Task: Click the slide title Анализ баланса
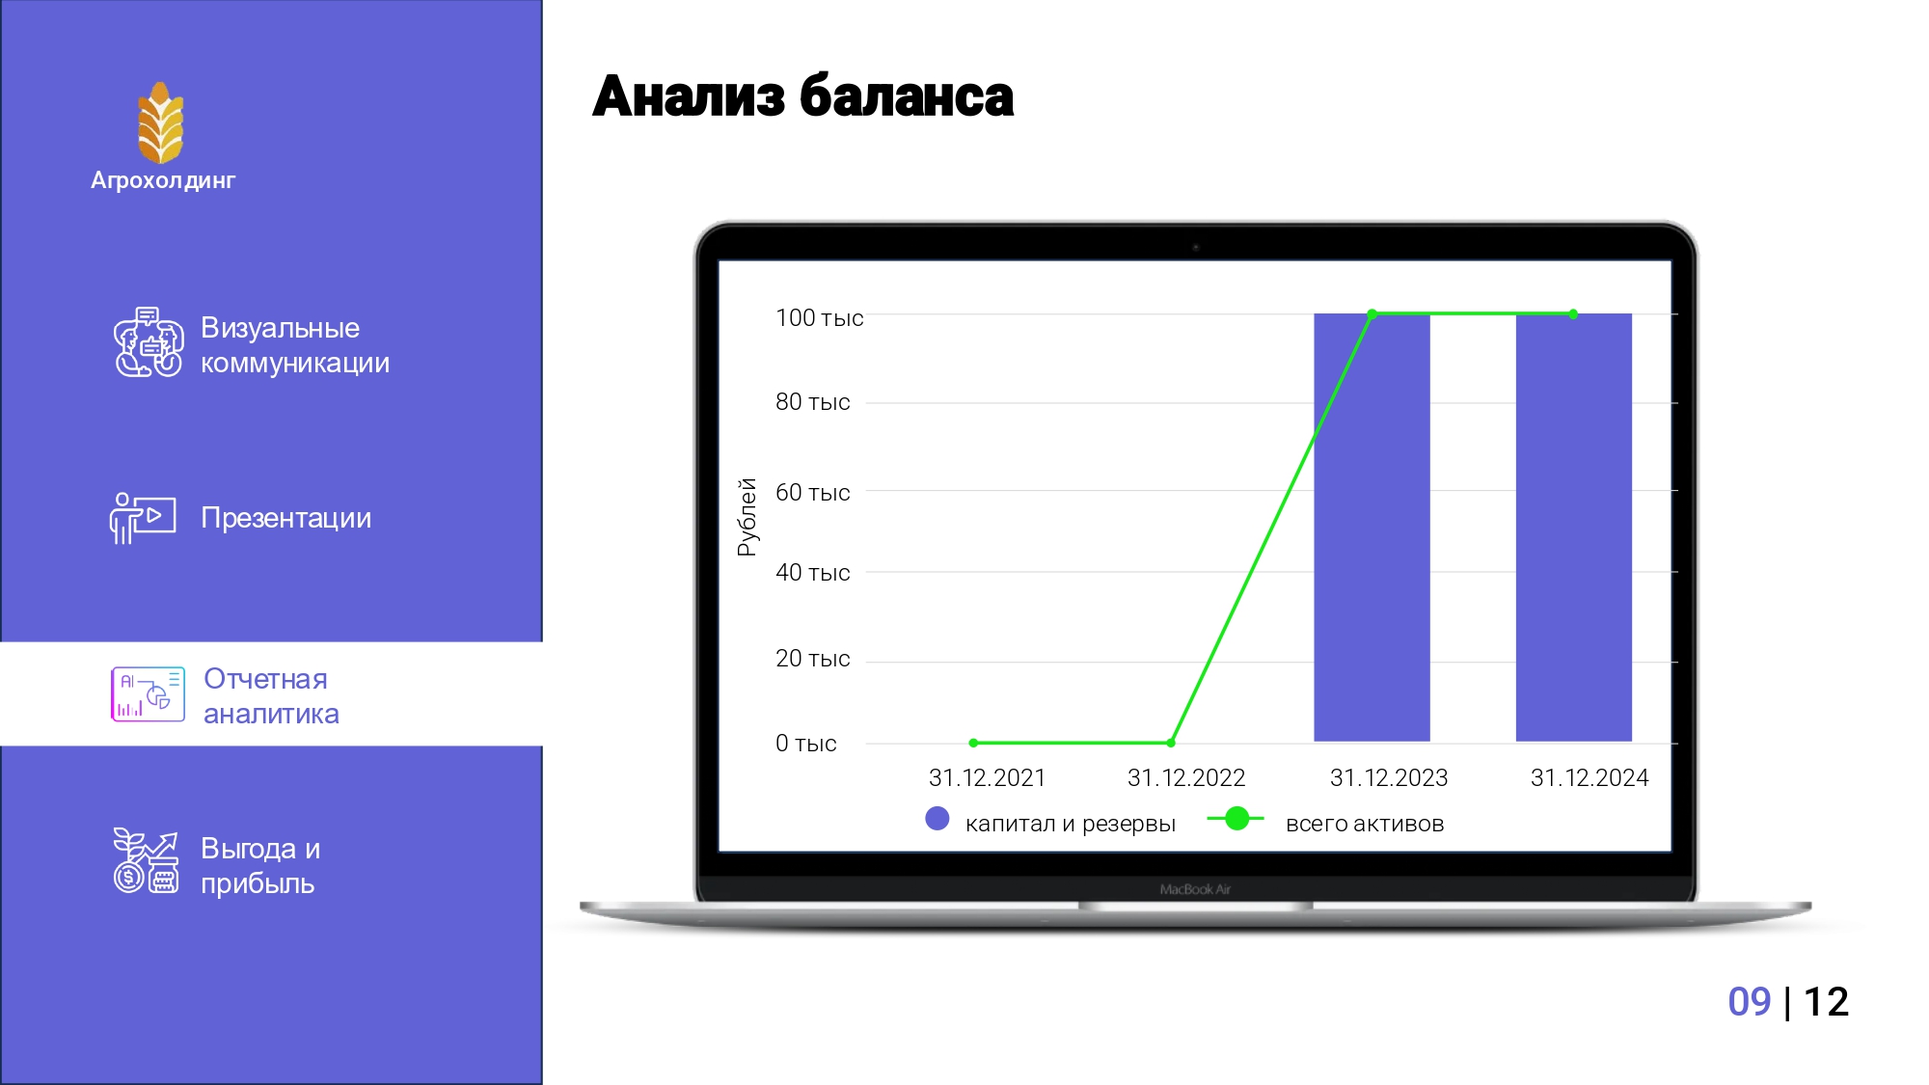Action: [802, 96]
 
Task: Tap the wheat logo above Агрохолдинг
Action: [160, 122]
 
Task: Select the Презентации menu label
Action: [285, 518]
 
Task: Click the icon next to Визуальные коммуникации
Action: [149, 342]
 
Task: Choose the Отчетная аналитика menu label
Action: [271, 695]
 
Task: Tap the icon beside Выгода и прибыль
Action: [147, 860]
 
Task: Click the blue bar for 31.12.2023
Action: [1372, 528]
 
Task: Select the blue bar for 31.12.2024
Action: [1574, 528]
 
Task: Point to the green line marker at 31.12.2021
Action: [973, 743]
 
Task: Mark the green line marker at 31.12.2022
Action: [1171, 743]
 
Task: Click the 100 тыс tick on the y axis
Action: [819, 317]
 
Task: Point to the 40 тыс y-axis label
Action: [812, 572]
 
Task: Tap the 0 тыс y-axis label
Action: [805, 743]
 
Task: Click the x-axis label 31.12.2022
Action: [1186, 777]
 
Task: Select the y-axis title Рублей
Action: [747, 517]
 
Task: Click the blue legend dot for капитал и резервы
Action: [937, 819]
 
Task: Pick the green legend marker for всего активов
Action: [1236, 819]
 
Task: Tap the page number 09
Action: [1750, 1002]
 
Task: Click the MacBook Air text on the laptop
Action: [1195, 889]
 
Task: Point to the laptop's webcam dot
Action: [1196, 248]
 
